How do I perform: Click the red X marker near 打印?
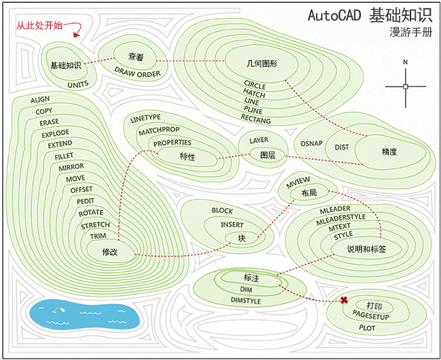344,300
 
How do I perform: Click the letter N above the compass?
405,62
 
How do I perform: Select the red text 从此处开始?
40,25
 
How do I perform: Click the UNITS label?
78,85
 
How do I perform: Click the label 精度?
389,152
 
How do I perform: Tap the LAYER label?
259,139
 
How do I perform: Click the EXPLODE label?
55,134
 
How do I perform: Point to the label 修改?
110,251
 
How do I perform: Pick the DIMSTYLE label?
245,299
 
